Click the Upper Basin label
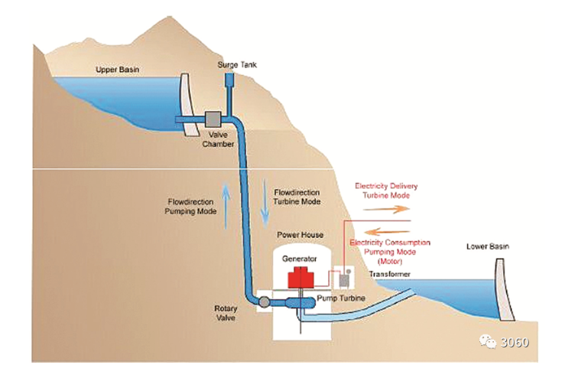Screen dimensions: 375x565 (118, 70)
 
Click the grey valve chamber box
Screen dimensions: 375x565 (213, 119)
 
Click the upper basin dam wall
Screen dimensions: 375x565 (183, 103)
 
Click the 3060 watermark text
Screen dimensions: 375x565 (515, 343)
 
